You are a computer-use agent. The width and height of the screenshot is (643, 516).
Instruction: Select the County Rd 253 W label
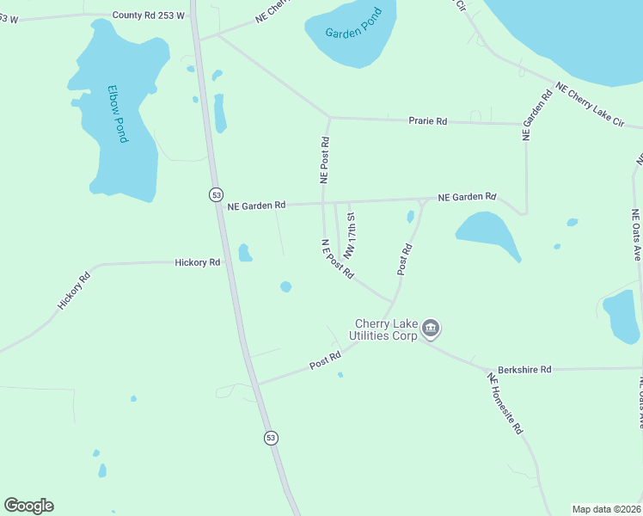[147, 15]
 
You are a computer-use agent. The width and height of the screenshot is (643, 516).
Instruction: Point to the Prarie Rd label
[428, 122]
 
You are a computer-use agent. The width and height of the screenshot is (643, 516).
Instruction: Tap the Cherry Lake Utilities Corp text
[383, 329]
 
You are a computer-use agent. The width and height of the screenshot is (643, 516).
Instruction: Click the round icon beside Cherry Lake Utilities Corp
[432, 328]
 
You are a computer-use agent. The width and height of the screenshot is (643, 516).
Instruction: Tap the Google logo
[28, 506]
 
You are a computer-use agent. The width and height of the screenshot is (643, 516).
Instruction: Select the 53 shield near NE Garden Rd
[217, 194]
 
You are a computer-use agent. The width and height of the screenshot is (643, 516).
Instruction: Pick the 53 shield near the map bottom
[271, 438]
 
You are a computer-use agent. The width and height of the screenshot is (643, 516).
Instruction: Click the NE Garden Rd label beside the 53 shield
[256, 206]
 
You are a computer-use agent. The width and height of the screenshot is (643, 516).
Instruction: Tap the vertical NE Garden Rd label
[535, 115]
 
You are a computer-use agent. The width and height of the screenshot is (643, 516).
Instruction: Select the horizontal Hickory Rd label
[197, 262]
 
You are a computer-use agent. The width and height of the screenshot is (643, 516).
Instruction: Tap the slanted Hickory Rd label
[74, 292]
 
